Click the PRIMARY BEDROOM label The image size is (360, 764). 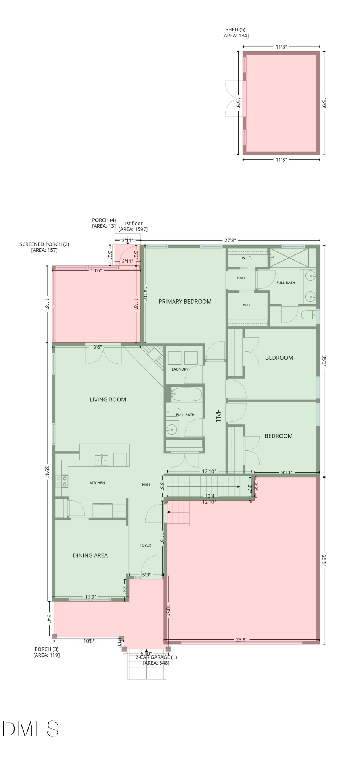tap(185, 301)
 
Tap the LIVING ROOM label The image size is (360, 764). tap(108, 400)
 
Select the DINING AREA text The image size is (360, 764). tap(90, 555)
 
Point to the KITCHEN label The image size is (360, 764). tap(97, 483)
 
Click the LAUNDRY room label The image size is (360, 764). tap(180, 369)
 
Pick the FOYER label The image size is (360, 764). tap(145, 545)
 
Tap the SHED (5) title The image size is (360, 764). tap(235, 29)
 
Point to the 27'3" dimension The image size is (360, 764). tap(230, 240)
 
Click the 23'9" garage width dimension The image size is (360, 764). tap(241, 639)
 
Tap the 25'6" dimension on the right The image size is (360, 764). tap(324, 562)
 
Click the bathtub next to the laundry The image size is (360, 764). tap(186, 394)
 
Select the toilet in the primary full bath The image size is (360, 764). tap(309, 315)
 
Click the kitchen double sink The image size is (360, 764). tap(102, 460)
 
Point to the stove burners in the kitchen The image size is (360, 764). tap(62, 481)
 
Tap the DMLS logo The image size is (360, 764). tap(31, 728)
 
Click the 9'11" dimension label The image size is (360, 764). tap(287, 473)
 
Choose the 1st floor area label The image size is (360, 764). tap(133, 226)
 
